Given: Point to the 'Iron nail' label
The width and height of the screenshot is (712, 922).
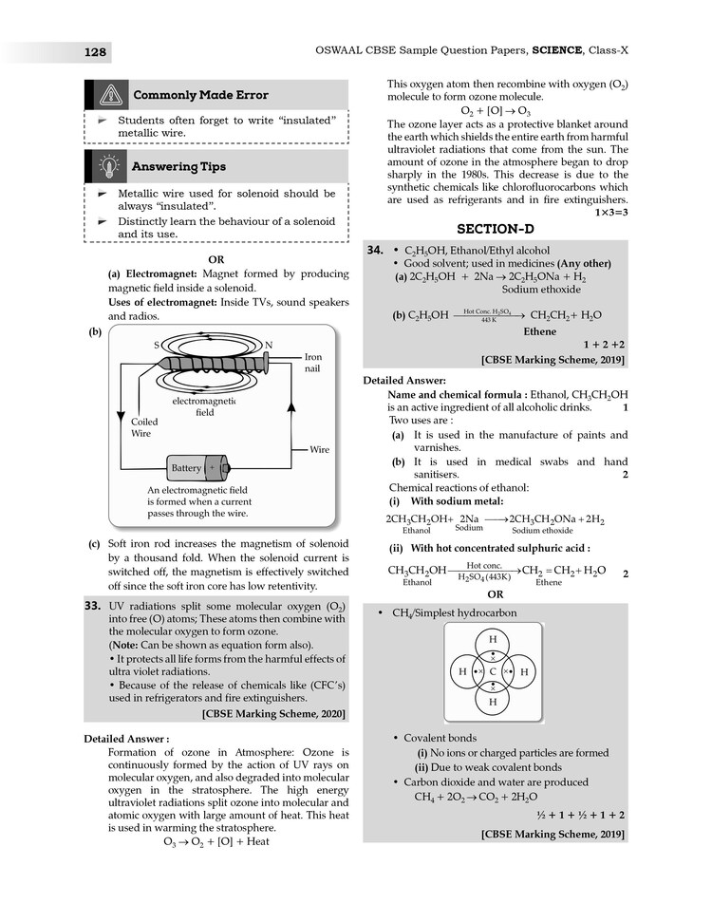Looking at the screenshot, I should click(313, 363).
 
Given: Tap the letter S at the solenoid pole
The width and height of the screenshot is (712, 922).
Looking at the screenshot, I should click(155, 345).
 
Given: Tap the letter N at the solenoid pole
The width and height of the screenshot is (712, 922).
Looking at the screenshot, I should click(269, 345).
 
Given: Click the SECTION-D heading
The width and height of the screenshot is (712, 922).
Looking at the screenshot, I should click(495, 230).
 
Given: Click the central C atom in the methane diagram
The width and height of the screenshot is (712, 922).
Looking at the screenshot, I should click(493, 671).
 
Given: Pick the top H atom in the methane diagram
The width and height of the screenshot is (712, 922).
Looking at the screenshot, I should click(493, 639).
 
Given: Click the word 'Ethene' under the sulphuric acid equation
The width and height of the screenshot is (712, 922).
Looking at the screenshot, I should click(549, 583).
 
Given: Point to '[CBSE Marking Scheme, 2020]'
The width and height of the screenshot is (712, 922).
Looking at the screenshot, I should click(274, 713).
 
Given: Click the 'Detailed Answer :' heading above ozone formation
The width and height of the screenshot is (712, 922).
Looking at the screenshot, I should click(126, 738).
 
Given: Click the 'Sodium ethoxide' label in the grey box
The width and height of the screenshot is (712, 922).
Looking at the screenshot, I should click(540, 289).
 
